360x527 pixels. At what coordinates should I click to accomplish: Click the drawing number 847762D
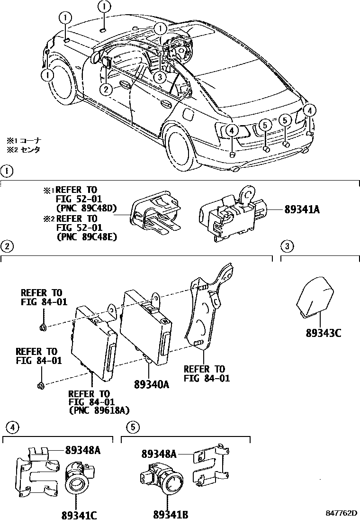point(341,514)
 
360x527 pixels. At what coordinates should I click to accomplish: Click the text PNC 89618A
point(99,410)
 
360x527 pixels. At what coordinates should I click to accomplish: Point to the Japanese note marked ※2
point(24,149)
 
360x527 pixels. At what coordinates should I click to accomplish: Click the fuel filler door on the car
point(187,115)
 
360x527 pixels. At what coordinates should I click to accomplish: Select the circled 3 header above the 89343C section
point(287,245)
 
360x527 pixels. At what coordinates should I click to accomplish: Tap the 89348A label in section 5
point(159,454)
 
